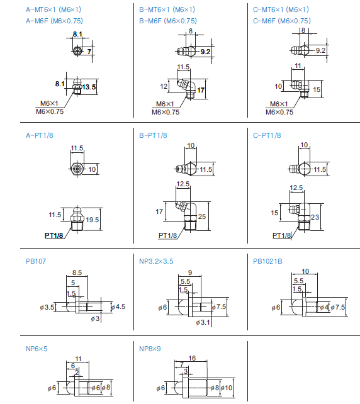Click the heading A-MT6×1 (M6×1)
53,10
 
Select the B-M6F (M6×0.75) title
168,21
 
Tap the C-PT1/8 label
267,135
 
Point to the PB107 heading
36,261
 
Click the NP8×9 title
150,349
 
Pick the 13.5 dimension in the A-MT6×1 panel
89,87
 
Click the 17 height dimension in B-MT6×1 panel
201,90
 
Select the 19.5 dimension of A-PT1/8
93,220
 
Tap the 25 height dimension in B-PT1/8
202,216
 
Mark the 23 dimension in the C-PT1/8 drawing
315,217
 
